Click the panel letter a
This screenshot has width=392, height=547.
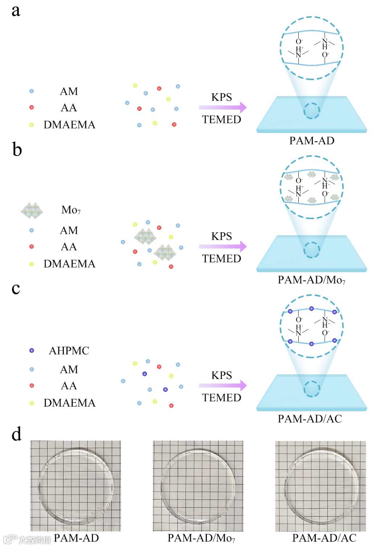tap(16, 11)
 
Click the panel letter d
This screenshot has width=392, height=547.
tap(16, 434)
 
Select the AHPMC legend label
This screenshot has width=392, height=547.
tap(69, 351)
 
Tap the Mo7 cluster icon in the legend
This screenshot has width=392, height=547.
tap(32, 210)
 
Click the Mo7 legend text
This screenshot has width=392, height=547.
tap(71, 210)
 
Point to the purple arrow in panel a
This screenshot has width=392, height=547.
tap(222, 107)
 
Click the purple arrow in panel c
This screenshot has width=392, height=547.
tap(222, 386)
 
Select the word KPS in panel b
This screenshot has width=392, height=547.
tap(221, 236)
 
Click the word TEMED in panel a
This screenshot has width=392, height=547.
tap(221, 119)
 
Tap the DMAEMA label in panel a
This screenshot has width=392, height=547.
tap(69, 125)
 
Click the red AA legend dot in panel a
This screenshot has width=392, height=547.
tap(32, 107)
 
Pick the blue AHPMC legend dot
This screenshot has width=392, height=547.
tap(32, 350)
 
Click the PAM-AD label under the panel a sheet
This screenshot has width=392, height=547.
tap(311, 141)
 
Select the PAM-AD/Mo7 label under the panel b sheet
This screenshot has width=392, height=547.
tap(311, 280)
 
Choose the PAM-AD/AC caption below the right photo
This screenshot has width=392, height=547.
tap(324, 538)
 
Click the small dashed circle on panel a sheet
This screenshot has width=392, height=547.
tap(311, 111)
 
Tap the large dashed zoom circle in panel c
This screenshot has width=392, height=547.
tap(311, 326)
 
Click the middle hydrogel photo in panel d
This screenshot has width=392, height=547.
tap(198, 486)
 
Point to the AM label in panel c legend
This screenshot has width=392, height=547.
tap(69, 370)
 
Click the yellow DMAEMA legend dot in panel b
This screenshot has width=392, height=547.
tap(32, 264)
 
